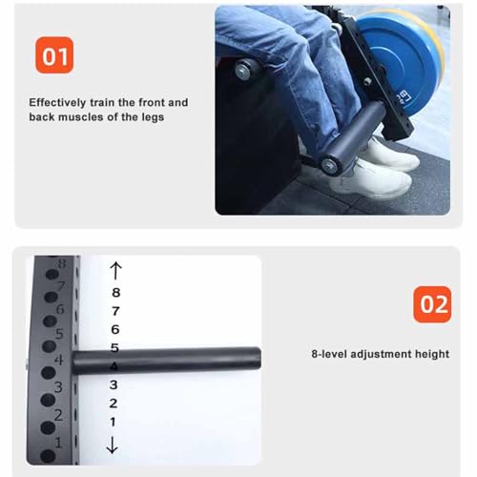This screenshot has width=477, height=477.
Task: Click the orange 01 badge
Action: click(x=54, y=55)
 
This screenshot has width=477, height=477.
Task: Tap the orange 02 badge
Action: click(x=432, y=304)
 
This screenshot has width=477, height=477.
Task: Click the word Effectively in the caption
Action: click(x=57, y=103)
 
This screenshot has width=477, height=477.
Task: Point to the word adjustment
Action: click(x=382, y=354)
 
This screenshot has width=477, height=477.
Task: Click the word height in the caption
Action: click(x=432, y=354)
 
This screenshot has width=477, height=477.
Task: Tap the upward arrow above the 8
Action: click(x=115, y=271)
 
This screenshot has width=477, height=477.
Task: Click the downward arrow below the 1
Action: click(x=112, y=445)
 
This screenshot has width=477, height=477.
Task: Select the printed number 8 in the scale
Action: click(x=116, y=293)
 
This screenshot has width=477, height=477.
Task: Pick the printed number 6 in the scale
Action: click(x=115, y=329)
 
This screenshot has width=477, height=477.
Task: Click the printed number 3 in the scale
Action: click(x=114, y=384)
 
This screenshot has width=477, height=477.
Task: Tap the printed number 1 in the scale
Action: click(x=113, y=422)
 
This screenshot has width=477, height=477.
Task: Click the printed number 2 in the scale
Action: click(x=114, y=404)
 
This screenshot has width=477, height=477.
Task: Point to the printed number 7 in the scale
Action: click(x=115, y=311)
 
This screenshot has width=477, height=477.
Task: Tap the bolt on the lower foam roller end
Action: click(x=328, y=165)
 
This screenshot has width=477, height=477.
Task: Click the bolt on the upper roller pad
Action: click(x=242, y=72)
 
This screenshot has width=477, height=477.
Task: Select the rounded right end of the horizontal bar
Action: click(x=258, y=358)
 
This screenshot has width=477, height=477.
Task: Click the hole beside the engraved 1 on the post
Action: click(x=48, y=455)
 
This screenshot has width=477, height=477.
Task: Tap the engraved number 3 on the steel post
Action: click(x=58, y=387)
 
